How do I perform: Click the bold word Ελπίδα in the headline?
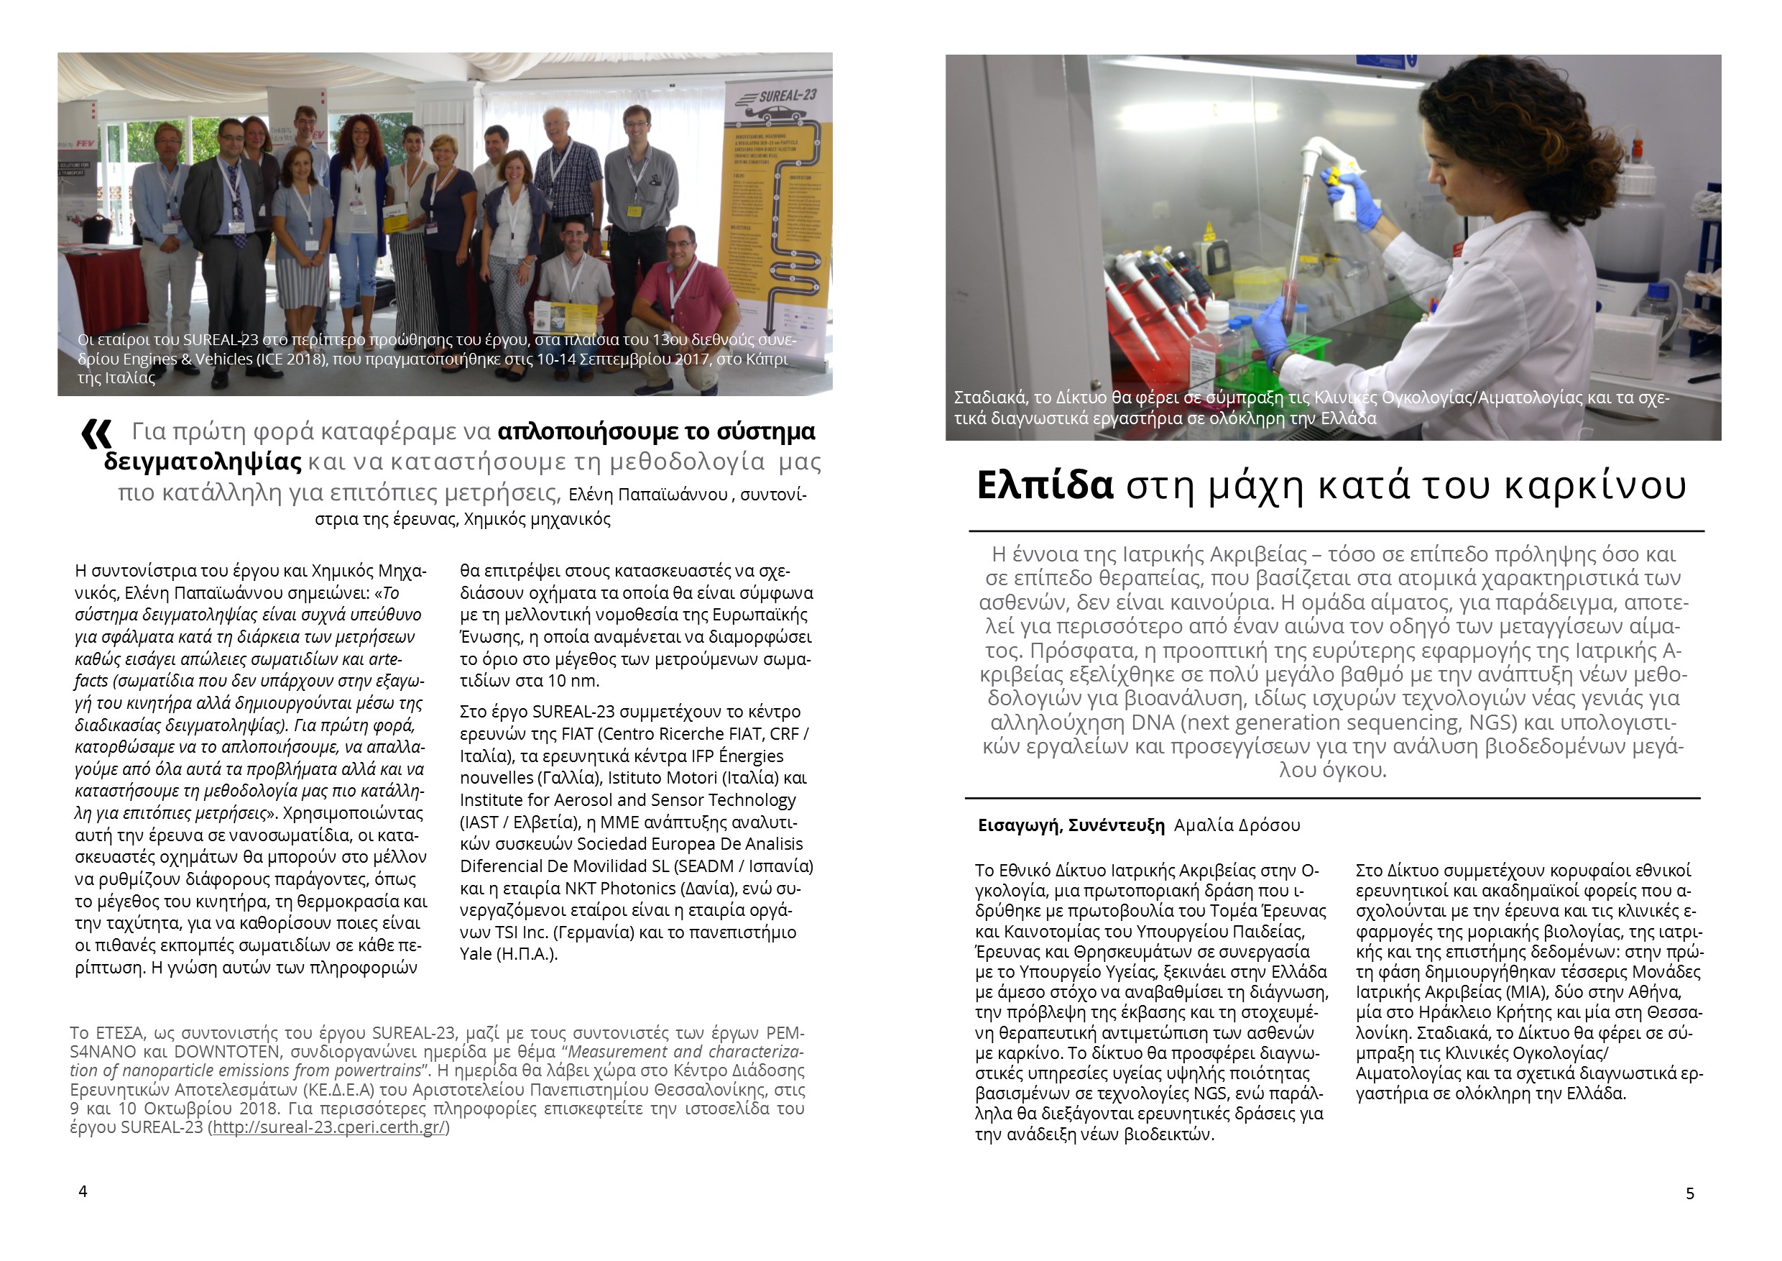click(1044, 485)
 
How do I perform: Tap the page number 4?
click(83, 1191)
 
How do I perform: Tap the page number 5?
click(1689, 1193)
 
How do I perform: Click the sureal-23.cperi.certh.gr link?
click(330, 1127)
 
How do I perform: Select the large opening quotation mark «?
click(97, 435)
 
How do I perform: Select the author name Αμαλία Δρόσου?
click(1237, 825)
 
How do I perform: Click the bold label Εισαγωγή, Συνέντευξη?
click(1071, 825)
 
